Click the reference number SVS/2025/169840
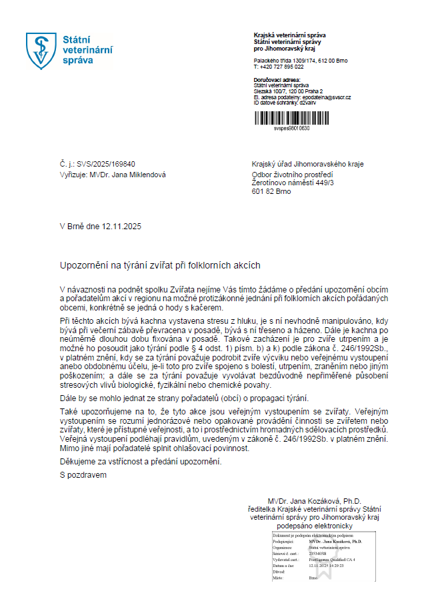click(107, 164)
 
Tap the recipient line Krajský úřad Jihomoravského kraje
click(307, 164)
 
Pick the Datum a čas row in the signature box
click(313, 564)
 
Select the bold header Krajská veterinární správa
click(290, 35)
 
